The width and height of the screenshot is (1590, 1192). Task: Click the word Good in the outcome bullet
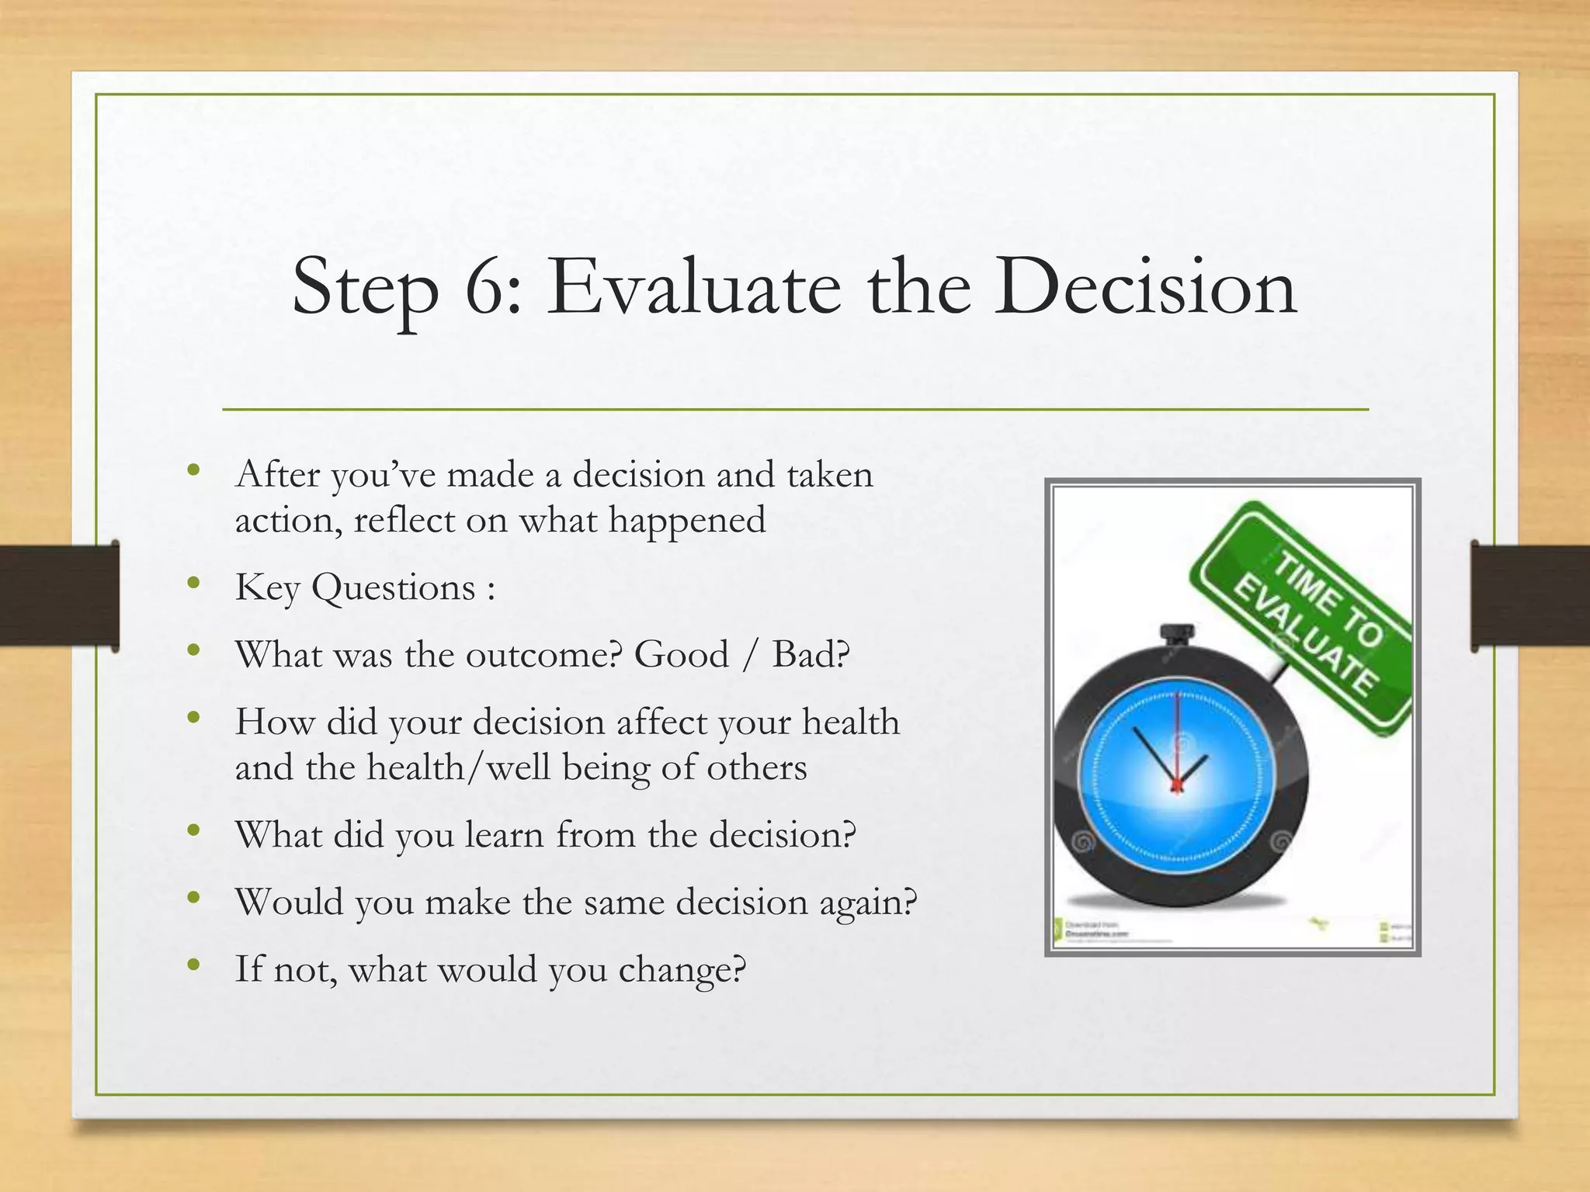[681, 654]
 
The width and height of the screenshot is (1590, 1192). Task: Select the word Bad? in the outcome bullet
[811, 654]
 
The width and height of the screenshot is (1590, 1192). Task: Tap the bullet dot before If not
[194, 965]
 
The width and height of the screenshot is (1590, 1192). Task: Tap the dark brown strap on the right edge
[1529, 595]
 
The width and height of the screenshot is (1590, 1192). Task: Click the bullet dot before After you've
[194, 470]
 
